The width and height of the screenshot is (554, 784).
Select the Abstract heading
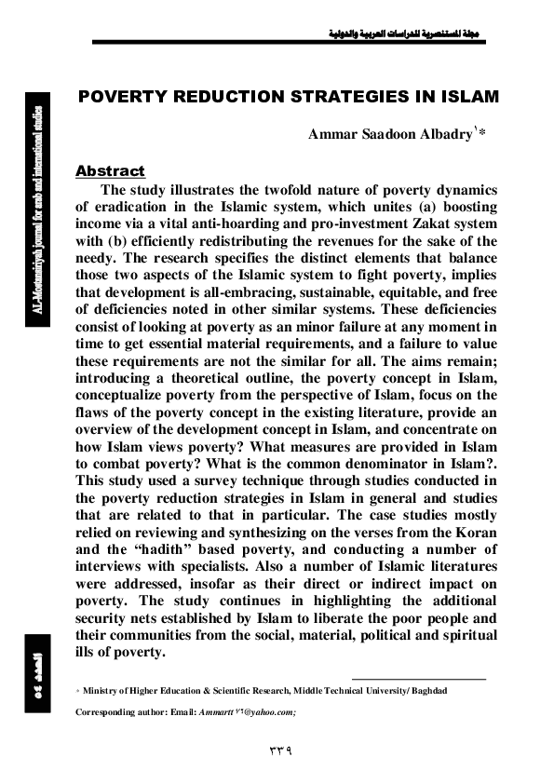pos(110,171)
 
